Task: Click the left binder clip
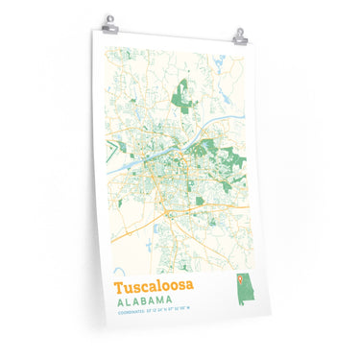click(110, 21)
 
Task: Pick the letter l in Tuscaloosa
click(166, 286)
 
